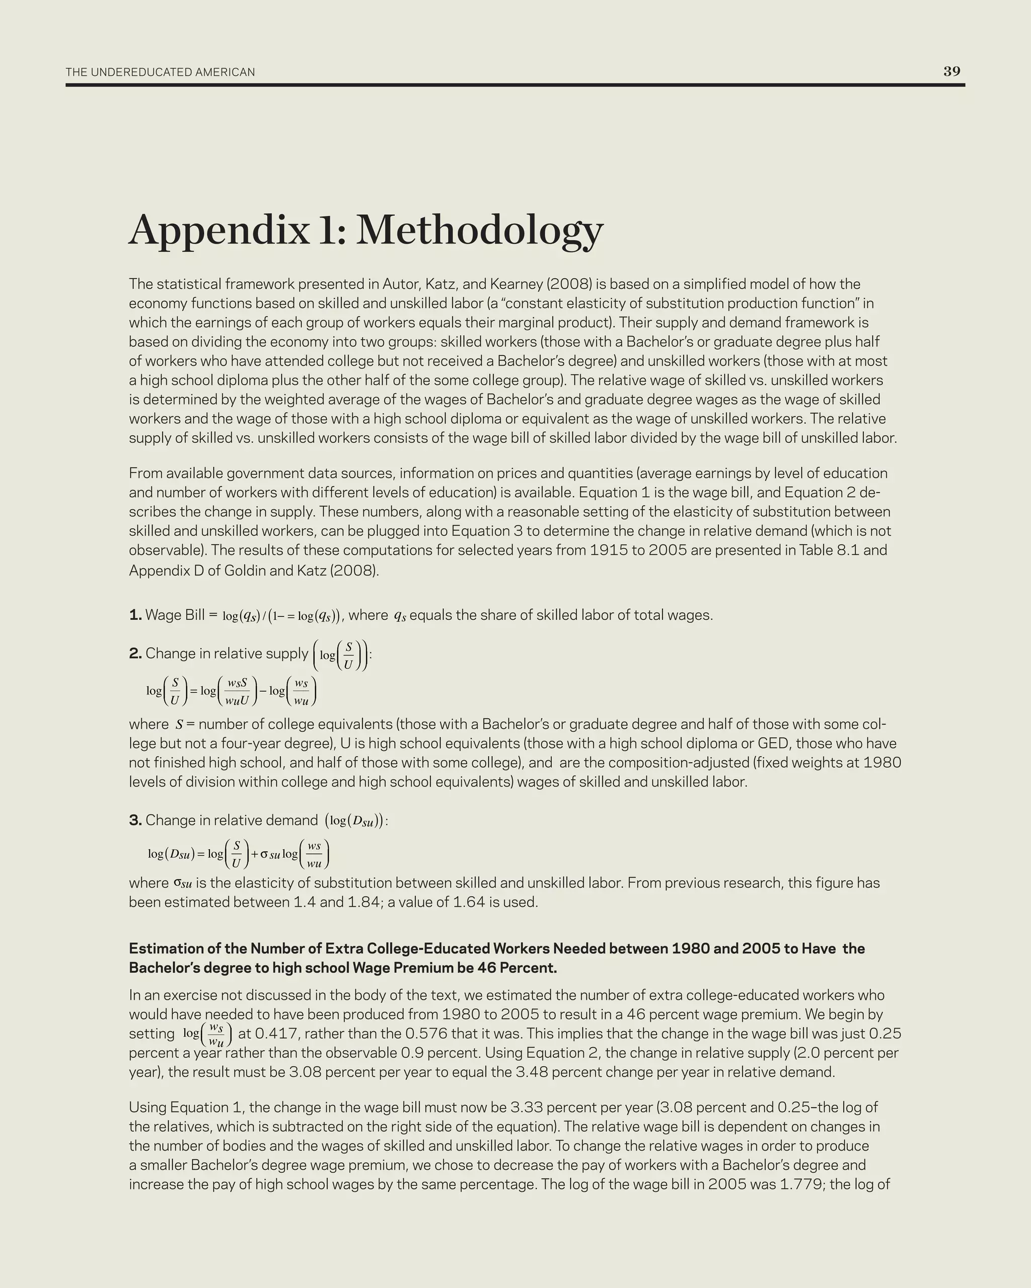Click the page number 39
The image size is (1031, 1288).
[x=951, y=71]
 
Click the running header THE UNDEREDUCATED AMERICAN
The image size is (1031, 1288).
[x=160, y=72]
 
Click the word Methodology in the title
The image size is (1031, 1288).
[x=479, y=230]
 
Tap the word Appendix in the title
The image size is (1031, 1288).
[x=219, y=230]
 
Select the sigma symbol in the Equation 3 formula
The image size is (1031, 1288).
[x=264, y=854]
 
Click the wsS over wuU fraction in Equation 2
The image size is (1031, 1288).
[x=237, y=691]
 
